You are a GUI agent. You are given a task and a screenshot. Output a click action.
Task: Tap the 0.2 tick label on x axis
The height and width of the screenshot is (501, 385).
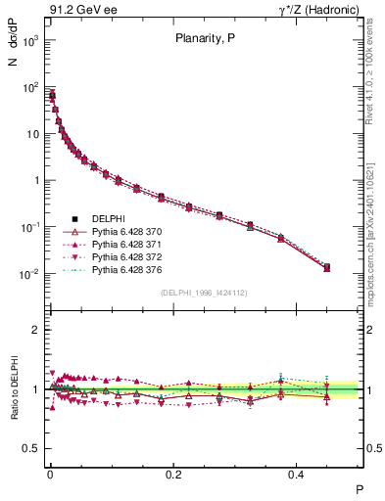pyautogui.click(x=172, y=474)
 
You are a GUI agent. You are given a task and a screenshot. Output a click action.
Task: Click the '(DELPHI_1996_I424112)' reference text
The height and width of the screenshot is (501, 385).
pyautogui.click(x=204, y=293)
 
